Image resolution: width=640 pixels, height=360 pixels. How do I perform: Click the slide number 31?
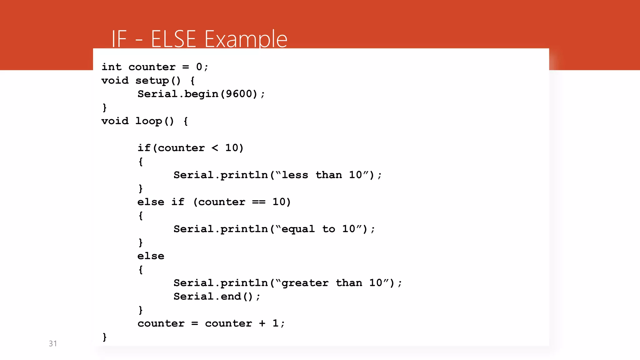53,343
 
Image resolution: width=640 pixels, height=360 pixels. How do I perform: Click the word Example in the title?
246,39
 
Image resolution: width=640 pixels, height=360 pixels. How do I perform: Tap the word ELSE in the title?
173,39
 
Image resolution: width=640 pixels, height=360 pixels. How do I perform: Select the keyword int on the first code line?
112,67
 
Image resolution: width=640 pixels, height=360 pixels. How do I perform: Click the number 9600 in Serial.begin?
239,94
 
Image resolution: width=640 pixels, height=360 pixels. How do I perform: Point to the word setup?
152,81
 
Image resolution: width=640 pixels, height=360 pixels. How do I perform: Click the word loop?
149,121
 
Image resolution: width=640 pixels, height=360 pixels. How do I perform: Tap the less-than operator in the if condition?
215,148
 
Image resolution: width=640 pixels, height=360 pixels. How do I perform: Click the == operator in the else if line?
259,202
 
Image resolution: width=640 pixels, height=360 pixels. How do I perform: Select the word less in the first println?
295,175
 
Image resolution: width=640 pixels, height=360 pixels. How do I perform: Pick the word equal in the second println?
298,229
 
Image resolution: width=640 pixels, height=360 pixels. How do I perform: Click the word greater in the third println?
305,283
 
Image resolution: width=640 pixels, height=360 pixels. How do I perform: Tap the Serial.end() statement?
217,297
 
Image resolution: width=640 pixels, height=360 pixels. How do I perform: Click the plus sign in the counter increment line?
262,323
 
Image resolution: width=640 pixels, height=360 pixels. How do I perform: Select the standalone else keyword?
151,256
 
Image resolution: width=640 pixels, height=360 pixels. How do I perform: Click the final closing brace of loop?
105,337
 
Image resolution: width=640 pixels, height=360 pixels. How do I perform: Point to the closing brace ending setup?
105,107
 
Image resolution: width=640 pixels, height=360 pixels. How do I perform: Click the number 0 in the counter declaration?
199,67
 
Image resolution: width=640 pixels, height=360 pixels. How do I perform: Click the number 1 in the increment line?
275,323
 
